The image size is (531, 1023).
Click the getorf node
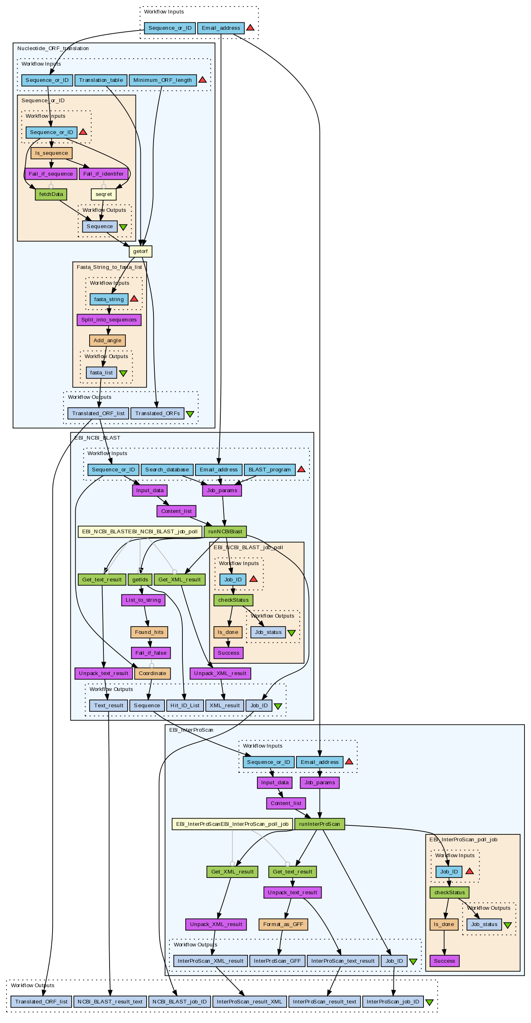[x=140, y=251]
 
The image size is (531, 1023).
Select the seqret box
[x=104, y=194]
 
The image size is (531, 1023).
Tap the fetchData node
[x=51, y=194]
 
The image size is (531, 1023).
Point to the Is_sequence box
[x=52, y=153]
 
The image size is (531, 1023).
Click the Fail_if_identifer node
[x=103, y=174]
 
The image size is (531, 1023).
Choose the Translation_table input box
[x=101, y=80]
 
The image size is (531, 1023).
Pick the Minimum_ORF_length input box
[x=162, y=80]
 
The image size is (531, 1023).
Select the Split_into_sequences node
[x=109, y=320]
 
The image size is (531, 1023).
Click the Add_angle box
[x=108, y=341]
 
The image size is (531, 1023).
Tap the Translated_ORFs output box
[x=158, y=414]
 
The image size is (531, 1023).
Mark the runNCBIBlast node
[x=225, y=532]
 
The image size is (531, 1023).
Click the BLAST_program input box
[x=270, y=470]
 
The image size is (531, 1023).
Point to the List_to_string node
[x=143, y=600]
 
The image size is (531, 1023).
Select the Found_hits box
[x=149, y=632]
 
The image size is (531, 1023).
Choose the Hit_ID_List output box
[x=185, y=706]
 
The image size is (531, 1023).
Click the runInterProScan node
[x=320, y=824]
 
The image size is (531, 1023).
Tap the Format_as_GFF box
[x=283, y=924]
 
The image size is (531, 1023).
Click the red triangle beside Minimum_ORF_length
[x=202, y=80]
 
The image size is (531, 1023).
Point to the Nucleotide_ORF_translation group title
[x=53, y=48]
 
